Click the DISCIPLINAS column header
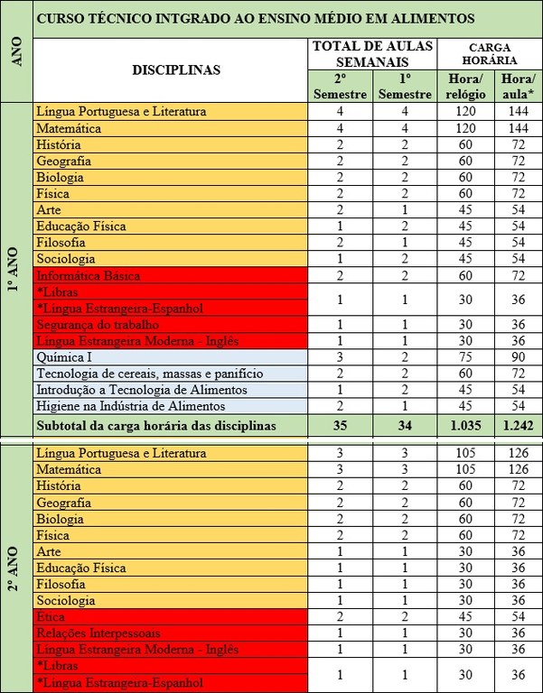coord(175,70)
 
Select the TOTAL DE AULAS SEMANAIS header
coord(371,53)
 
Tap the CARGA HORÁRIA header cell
coord(493,53)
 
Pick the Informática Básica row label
coord(89,275)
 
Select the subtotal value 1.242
coord(518,425)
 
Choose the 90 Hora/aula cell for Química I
coord(518,356)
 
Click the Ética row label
coord(51,617)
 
